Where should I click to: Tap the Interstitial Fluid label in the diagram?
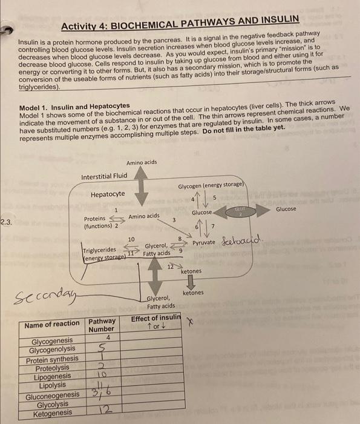pyautogui.click(x=104, y=176)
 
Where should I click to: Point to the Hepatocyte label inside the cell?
pyautogui.click(x=108, y=194)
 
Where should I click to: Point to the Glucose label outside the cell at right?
pyautogui.click(x=286, y=209)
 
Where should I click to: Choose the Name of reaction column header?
pyautogui.click(x=51, y=325)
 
